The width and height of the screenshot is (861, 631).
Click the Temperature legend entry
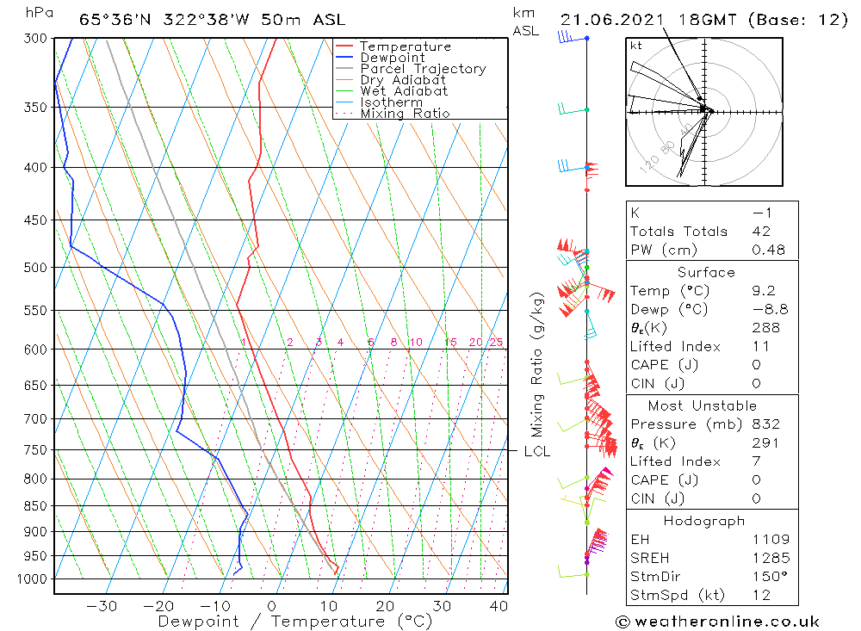[x=405, y=46]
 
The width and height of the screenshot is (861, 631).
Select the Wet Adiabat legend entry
[x=404, y=91]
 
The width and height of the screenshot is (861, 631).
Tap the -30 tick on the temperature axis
[x=102, y=606]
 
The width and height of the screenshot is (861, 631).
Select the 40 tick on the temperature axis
[x=498, y=606]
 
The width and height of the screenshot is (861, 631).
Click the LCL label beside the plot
[x=537, y=451]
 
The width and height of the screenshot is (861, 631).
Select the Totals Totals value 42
[x=761, y=232]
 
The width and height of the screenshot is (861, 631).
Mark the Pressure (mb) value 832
[x=765, y=424]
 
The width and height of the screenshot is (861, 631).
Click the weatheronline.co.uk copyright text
[x=717, y=622]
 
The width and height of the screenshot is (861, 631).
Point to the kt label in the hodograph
[x=636, y=46]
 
